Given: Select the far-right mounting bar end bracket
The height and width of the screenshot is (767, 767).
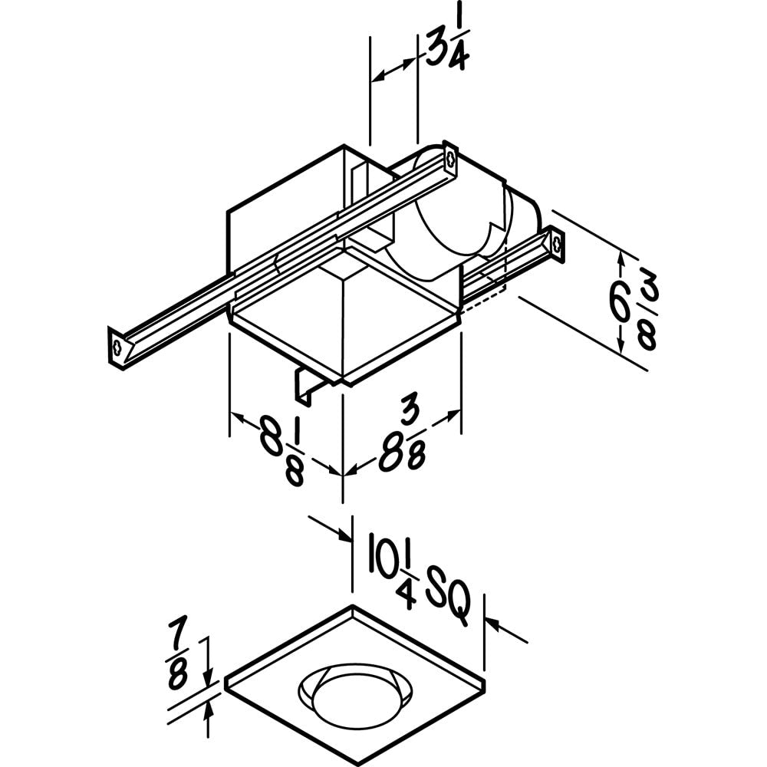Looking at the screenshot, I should point(557,245).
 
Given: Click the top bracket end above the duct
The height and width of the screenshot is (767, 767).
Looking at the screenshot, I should point(450,160).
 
